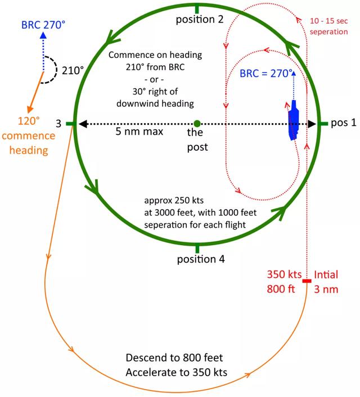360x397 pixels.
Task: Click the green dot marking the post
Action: (197, 124)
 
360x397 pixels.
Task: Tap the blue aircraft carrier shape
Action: (294, 120)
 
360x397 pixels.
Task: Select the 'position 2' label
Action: (200, 19)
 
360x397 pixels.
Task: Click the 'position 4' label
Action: (201, 259)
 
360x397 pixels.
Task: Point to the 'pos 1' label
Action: (344, 123)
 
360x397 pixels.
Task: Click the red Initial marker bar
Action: (307, 281)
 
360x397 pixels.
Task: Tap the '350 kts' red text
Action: (284, 274)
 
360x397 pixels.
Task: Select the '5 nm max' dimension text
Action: (139, 132)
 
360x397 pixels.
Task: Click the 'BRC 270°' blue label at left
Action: (43, 25)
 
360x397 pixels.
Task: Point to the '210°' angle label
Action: (73, 70)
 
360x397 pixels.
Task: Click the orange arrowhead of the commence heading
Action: (30, 110)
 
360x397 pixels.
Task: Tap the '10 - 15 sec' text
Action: (329, 21)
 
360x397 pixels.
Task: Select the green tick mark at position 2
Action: (197, 9)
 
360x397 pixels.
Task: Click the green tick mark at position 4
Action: (197, 248)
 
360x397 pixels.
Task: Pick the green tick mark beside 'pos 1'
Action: (323, 124)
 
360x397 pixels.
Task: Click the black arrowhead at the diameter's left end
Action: (83, 124)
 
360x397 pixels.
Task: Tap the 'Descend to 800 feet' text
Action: (174, 358)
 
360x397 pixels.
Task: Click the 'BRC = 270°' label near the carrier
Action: (266, 74)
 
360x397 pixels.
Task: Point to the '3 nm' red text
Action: (326, 289)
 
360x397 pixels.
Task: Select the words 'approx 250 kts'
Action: (174, 200)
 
